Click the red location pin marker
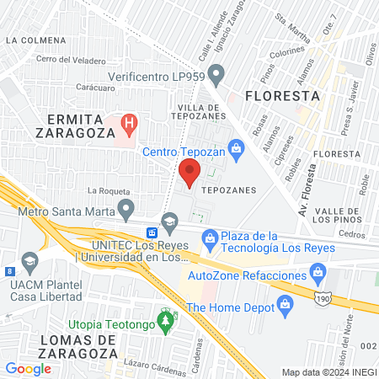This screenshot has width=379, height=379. point(189,173)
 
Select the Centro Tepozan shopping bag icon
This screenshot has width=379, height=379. point(237,152)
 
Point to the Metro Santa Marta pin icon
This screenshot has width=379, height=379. point(126,207)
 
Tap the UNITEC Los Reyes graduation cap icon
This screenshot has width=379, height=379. point(170,222)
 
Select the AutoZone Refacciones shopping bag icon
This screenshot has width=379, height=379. point(318,271)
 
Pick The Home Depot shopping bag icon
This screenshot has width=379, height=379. point(286,309)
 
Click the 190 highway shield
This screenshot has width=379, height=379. point(322,298)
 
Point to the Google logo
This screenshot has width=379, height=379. point(28,368)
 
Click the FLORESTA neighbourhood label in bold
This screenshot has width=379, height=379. point(282,96)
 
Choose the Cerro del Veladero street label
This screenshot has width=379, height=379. point(71,60)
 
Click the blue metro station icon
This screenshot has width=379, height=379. point(152,232)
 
